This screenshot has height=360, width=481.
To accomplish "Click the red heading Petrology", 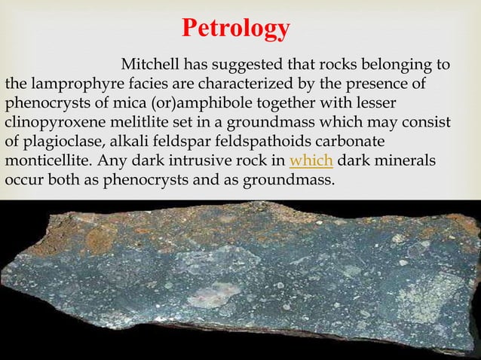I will (x=236, y=28).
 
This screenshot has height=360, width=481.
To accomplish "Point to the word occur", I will (x=23, y=182).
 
